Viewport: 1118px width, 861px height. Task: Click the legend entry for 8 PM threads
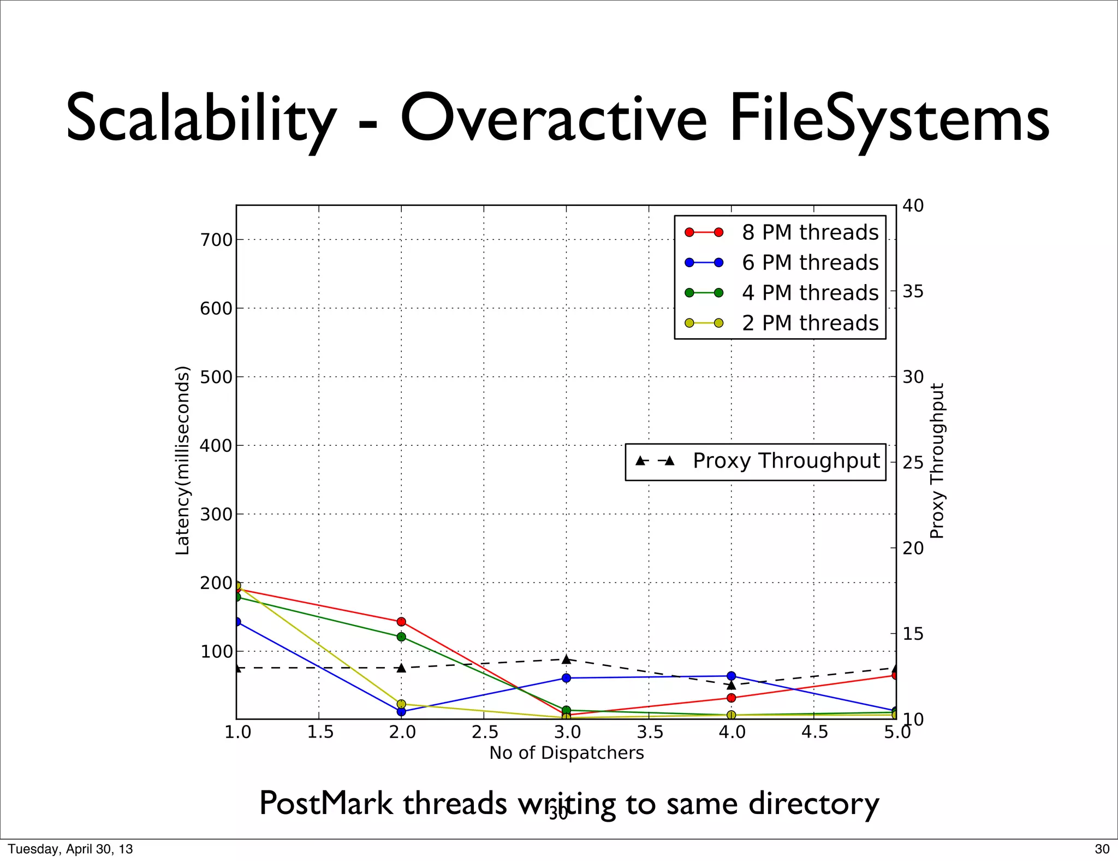[x=810, y=233]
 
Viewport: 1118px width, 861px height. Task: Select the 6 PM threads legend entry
[x=810, y=263]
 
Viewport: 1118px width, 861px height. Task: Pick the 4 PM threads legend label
[x=810, y=293]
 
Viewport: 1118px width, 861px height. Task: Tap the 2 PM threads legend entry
[x=810, y=323]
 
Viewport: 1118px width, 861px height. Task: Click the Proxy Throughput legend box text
[x=786, y=461]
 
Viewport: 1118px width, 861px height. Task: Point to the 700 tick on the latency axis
[x=216, y=240]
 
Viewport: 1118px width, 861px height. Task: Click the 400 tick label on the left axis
[x=216, y=446]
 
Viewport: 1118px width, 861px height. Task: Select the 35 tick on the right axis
[x=913, y=292]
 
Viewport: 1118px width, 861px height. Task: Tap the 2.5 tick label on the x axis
[x=484, y=732]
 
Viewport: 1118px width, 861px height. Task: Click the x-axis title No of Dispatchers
[x=567, y=753]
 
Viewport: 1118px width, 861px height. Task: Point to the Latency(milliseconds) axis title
[x=182, y=461]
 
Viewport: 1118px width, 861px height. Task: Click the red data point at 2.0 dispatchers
[x=401, y=622]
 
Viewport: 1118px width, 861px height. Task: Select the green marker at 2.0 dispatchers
[x=401, y=636]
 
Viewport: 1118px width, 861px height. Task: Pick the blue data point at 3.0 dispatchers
[x=566, y=678]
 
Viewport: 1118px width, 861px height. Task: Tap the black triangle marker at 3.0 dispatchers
[x=566, y=659]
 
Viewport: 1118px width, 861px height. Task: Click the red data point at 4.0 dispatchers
[x=731, y=698]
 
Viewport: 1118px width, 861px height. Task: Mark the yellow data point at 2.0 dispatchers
[x=401, y=704]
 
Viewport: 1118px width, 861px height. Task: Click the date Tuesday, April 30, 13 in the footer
[x=70, y=849]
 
